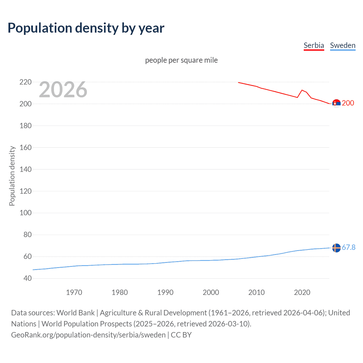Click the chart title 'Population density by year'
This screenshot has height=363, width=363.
coord(86,28)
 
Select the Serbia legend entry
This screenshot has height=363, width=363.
coord(314,46)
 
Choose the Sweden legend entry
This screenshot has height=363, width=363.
coord(343,46)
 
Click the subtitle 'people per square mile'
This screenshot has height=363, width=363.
coord(181,60)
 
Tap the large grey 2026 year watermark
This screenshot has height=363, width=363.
coord(63,90)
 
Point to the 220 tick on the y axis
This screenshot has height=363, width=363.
coord(26,82)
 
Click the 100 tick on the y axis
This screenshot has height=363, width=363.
coord(26,213)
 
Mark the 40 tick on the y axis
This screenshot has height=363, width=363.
coord(28,278)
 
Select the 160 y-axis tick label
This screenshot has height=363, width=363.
coord(26,147)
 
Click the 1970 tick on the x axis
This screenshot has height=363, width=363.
coord(74,292)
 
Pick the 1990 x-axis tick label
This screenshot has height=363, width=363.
coord(165,292)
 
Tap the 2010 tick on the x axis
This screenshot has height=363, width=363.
coord(256,292)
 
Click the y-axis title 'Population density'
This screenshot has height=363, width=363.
coord(12,176)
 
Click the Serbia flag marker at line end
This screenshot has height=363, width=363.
coord(336,104)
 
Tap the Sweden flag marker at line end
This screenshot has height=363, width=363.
coord(336,248)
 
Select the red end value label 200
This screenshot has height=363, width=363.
coord(348,103)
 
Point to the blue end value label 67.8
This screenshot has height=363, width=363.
coord(349,247)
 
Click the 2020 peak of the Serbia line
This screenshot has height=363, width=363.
coord(302,90)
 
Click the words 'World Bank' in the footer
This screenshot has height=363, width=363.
coord(75,313)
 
